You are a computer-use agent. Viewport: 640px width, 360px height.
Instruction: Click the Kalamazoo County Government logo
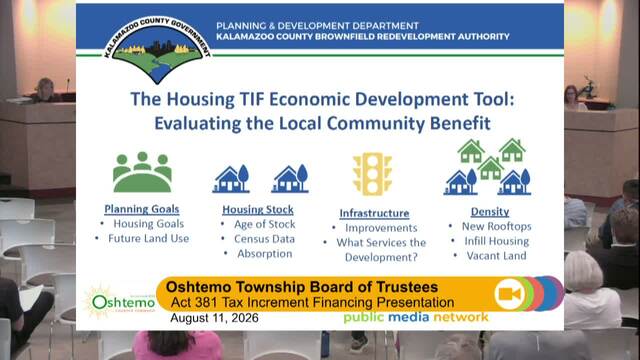pyautogui.click(x=157, y=50)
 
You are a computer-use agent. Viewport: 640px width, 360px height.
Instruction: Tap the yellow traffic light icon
pyautogui.click(x=372, y=173)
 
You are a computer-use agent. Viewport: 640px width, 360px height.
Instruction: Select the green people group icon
pyautogui.click(x=142, y=172)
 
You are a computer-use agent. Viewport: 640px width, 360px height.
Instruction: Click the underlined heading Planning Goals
pyautogui.click(x=142, y=209)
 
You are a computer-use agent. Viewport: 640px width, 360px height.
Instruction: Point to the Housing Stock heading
pyautogui.click(x=258, y=210)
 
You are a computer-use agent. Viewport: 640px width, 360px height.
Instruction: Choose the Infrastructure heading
pyautogui.click(x=374, y=213)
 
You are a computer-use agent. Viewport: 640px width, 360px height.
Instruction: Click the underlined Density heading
pyautogui.click(x=490, y=211)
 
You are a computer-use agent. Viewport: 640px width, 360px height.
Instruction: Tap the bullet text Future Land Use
pyautogui.click(x=149, y=238)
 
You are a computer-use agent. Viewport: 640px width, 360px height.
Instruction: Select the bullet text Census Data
pyautogui.click(x=264, y=239)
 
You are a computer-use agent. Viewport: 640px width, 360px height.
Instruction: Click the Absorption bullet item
pyautogui.click(x=265, y=253)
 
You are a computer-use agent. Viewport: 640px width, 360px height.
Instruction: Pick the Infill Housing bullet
pyautogui.click(x=497, y=241)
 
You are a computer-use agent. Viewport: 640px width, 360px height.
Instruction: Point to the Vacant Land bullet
pyautogui.click(x=497, y=256)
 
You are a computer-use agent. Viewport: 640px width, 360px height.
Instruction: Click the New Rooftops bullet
pyautogui.click(x=497, y=226)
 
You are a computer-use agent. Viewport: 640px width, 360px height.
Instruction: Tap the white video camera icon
pyautogui.click(x=510, y=293)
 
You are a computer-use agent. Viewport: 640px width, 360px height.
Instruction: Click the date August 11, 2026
pyautogui.click(x=214, y=318)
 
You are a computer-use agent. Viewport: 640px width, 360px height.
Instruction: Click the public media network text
pyautogui.click(x=416, y=317)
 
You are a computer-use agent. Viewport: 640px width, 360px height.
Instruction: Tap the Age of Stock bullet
pyautogui.click(x=264, y=224)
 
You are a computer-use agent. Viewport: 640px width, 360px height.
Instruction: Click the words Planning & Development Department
pyautogui.click(x=317, y=26)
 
